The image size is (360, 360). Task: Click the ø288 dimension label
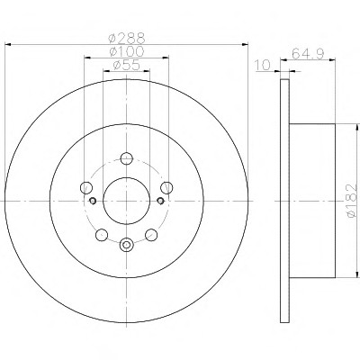pos(127,38)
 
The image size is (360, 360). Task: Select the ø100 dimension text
pos(127,51)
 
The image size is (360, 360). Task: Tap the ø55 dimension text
pos(127,65)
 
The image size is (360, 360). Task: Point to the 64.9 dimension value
pos(308,54)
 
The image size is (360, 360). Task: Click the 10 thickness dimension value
pos(263,65)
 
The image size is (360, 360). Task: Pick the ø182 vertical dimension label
pos(351,200)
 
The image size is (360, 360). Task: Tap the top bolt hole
pos(127,158)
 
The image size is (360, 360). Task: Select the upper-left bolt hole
pos(86,187)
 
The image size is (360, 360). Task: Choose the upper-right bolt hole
pos(166,187)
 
